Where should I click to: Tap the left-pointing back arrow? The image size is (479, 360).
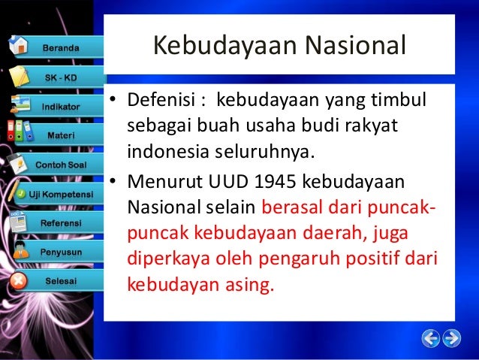click(430, 337)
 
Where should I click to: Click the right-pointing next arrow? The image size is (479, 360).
click(452, 337)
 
